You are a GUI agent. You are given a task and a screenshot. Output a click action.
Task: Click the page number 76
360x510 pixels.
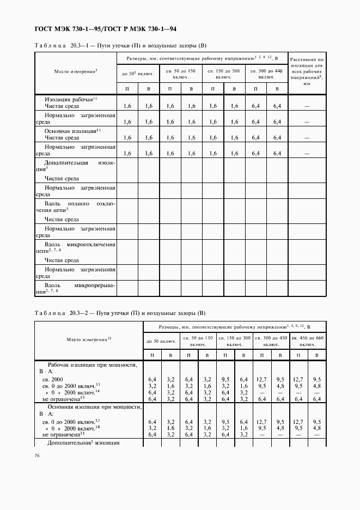[37, 456]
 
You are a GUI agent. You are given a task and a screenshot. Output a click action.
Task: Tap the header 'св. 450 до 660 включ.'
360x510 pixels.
[308, 342]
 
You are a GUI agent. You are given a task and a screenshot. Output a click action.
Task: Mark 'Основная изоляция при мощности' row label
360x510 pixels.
[88, 406]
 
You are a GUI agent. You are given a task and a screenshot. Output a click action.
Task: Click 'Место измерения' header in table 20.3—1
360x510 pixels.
[75, 71]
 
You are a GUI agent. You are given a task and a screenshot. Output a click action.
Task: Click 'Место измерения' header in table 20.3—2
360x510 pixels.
[88, 339]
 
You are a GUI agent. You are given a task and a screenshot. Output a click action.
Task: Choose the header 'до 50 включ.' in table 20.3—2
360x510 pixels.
[161, 342]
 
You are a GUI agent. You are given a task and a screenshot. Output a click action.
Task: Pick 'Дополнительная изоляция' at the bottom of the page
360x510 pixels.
[83, 442]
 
